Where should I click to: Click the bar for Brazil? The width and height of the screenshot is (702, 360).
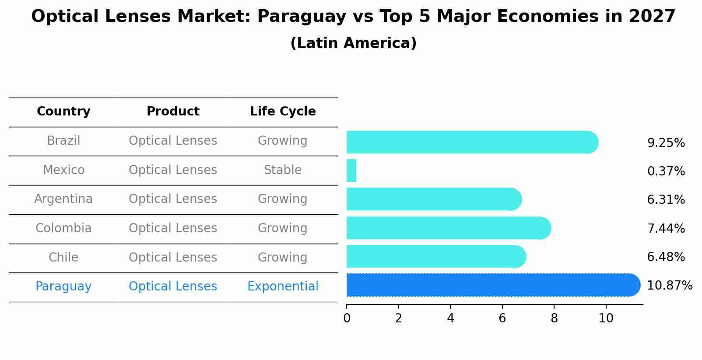(472, 142)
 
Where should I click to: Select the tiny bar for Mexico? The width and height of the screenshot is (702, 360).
(351, 171)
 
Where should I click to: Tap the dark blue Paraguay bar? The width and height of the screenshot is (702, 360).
(492, 285)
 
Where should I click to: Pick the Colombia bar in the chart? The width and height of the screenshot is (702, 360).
(448, 228)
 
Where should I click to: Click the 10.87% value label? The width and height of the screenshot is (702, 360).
(669, 286)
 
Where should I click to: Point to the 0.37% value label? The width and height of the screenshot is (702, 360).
(666, 171)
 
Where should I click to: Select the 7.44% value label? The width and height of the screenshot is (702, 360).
(666, 228)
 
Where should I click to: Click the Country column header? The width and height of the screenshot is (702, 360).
(63, 112)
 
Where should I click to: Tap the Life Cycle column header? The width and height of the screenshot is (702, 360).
(283, 112)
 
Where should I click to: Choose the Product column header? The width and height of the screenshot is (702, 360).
(173, 112)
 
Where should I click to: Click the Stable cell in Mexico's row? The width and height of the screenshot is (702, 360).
(283, 170)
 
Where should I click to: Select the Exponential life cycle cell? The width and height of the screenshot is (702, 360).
(283, 287)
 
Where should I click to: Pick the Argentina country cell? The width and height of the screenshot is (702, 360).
(63, 199)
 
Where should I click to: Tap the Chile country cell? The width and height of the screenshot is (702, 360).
(63, 257)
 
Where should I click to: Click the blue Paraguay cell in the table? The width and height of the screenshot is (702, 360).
(63, 287)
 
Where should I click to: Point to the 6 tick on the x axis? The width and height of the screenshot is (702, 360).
(502, 318)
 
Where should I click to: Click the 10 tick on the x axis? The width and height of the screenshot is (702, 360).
(606, 318)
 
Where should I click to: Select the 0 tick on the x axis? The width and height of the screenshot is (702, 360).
(347, 318)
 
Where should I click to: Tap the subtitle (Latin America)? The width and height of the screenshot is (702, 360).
(353, 43)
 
